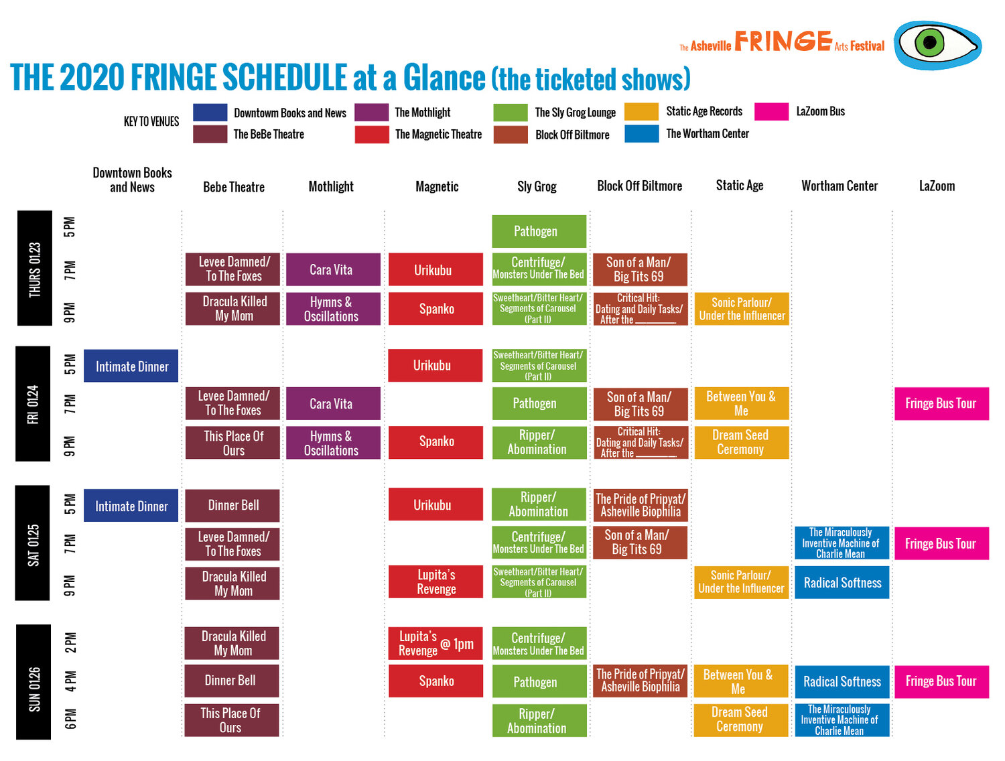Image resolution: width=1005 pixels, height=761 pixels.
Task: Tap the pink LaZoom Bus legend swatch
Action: tap(771, 112)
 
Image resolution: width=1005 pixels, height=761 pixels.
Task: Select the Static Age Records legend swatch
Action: tap(641, 112)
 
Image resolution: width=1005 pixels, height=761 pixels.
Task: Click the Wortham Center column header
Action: tap(840, 186)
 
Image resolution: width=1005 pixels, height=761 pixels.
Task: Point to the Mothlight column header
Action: tap(331, 187)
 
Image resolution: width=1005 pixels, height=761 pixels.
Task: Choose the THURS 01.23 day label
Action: tap(34, 269)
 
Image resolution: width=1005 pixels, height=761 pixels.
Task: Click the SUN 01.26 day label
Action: tap(34, 682)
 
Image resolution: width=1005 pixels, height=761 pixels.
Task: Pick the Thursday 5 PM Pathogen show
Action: tap(539, 231)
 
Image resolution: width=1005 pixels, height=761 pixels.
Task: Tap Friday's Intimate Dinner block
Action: tap(131, 366)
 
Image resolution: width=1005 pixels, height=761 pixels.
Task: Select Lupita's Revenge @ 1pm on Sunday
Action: tap(435, 644)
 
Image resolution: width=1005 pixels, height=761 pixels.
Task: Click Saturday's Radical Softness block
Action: tap(842, 583)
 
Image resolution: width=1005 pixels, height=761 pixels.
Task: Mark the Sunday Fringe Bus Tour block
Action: tap(941, 681)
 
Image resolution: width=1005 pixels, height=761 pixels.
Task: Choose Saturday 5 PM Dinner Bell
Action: tap(232, 505)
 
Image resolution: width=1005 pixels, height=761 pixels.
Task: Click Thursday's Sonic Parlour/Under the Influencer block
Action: tap(741, 309)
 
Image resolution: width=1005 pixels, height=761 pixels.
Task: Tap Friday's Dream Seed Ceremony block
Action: tap(741, 442)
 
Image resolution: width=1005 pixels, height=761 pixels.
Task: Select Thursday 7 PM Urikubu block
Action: tap(435, 270)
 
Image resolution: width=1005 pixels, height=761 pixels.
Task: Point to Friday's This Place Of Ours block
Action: tap(232, 443)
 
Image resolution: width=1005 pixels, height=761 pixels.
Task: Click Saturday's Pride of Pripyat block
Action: tap(640, 505)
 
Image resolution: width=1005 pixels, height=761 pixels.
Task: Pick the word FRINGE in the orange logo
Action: tap(783, 42)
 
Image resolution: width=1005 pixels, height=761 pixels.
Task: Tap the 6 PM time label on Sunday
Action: tap(70, 719)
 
